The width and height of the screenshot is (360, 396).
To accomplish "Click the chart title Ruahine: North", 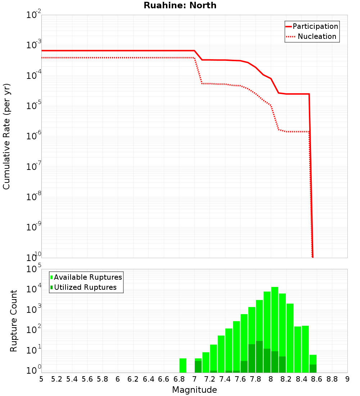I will point(180,5).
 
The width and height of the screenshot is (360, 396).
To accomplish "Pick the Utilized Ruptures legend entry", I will point(85,287).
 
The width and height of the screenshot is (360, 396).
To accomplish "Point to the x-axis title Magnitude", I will point(194,390).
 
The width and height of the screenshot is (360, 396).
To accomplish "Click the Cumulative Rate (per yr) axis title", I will point(6,136).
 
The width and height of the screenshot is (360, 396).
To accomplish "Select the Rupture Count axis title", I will point(14,321).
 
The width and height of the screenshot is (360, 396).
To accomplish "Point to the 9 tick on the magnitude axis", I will point(347,379).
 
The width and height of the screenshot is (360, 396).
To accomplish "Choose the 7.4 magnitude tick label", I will point(225,379).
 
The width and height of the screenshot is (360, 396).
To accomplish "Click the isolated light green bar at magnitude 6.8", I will point(183,365).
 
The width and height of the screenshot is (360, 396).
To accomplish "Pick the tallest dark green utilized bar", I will point(259,356).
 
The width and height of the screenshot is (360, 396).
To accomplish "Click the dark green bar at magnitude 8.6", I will point(313,369).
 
